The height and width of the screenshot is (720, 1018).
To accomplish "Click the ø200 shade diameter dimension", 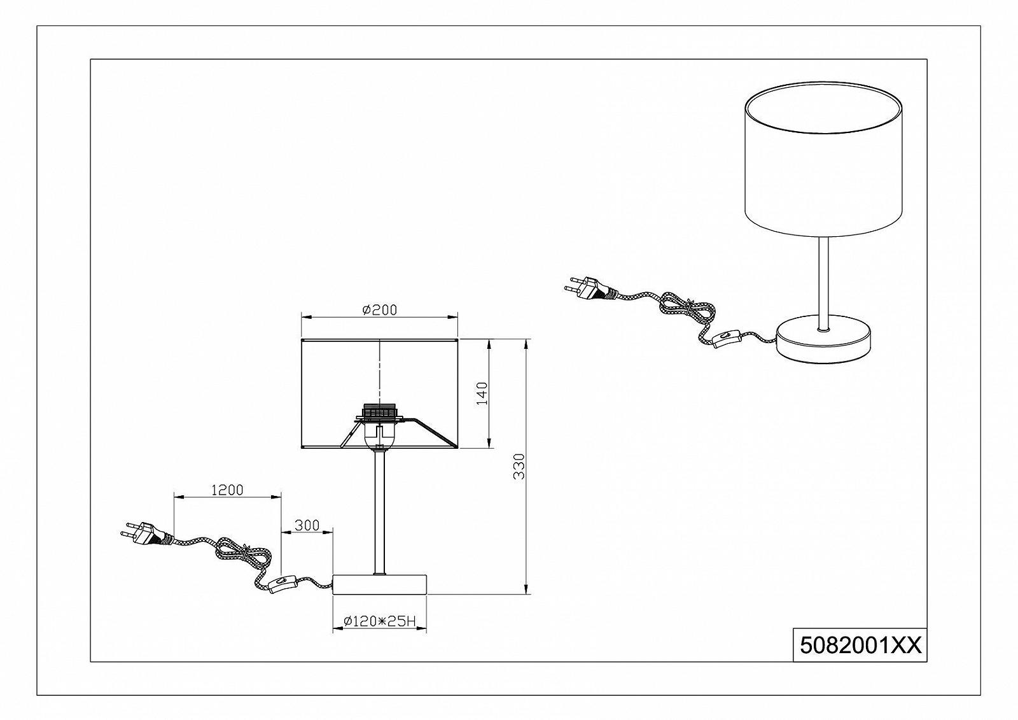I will [x=379, y=310].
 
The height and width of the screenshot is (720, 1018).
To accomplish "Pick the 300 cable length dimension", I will [x=307, y=525].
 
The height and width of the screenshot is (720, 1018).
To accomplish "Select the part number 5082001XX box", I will [x=859, y=646].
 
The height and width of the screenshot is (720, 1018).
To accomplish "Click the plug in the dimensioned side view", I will [x=143, y=535].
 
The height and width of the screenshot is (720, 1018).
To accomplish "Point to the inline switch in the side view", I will [x=282, y=584].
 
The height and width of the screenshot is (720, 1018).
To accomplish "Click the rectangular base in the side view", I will [x=380, y=584].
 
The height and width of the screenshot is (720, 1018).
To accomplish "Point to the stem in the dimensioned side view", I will [x=380, y=509].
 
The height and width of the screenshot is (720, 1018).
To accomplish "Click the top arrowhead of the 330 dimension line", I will [x=526, y=344].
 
